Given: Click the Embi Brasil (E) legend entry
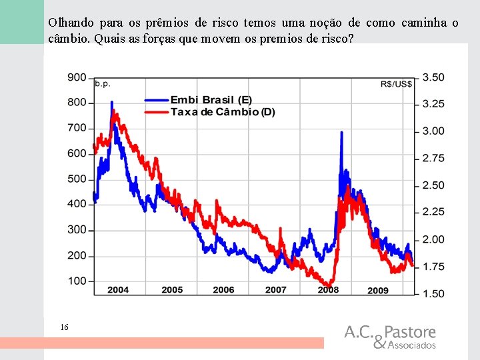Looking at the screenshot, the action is (199, 100).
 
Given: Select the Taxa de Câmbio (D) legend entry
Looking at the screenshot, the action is (210, 112).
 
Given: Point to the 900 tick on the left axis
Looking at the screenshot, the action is (77, 78).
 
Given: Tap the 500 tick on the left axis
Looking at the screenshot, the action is (77, 179).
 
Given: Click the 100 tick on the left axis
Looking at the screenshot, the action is (77, 281).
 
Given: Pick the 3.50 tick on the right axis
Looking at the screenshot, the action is (433, 77).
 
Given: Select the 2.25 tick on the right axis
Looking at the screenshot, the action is (433, 212).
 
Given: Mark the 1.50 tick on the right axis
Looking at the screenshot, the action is (433, 293).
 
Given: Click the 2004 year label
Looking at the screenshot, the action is (118, 289).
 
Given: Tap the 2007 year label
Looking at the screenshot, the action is (275, 289).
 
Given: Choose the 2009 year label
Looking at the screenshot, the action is (378, 290).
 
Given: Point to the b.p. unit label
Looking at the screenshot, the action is (103, 84).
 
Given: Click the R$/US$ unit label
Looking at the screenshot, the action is (396, 84).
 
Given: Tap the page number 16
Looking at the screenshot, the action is (64, 327).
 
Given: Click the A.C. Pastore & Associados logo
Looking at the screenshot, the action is (390, 337).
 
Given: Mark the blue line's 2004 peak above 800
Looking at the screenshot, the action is (112, 102).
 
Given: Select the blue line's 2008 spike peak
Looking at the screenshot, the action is (341, 133).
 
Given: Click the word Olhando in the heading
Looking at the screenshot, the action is (71, 23).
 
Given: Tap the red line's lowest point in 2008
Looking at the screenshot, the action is (329, 286).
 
